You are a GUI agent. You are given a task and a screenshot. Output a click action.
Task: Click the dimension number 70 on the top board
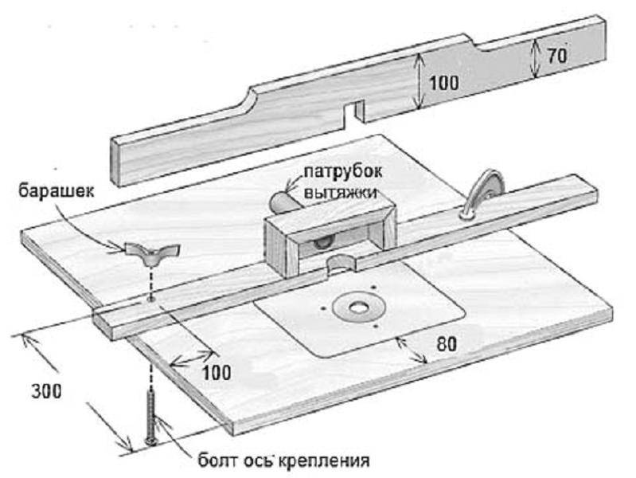[555, 57]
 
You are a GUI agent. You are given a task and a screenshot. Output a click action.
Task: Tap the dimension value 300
[45, 392]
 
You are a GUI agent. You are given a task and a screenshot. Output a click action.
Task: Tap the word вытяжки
[341, 193]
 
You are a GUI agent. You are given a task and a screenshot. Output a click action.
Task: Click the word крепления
[334, 461]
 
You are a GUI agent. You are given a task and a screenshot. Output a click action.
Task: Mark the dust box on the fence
[328, 235]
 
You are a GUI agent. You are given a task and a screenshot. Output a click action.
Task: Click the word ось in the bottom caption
[264, 461]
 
